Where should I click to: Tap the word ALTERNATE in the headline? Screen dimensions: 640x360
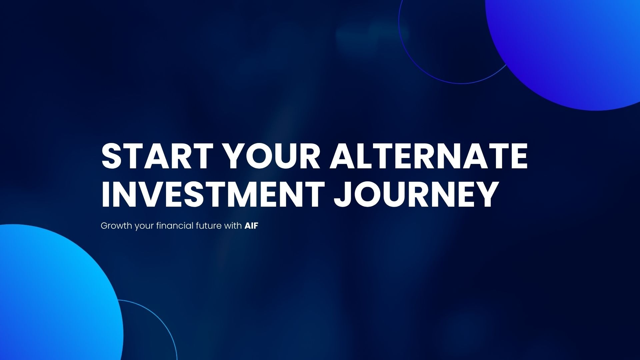coord(429,156)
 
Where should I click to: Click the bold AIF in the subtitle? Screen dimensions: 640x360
coord(251,226)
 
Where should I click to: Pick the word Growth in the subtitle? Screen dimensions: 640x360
coord(116,226)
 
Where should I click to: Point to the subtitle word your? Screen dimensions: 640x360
coord(144,227)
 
